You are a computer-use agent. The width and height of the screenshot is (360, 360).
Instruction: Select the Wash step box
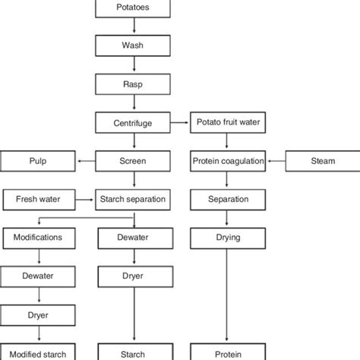point(134,45)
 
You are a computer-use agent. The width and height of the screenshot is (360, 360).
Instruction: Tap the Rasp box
point(134,83)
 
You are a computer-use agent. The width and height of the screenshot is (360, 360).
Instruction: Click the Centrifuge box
point(134,122)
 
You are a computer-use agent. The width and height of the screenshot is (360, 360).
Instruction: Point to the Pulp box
point(38,161)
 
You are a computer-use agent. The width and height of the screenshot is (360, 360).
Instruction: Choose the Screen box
point(134,161)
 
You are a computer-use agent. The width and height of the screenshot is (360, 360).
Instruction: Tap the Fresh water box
point(38,200)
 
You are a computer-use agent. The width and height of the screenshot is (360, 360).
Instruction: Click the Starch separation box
point(134,200)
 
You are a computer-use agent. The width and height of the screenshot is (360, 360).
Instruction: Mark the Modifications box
point(38,238)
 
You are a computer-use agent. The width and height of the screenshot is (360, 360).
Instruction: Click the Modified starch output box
point(38,352)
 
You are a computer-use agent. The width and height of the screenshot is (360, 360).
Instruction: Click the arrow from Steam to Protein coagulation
point(275,161)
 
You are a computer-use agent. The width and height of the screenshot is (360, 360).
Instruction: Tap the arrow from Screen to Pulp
point(85,161)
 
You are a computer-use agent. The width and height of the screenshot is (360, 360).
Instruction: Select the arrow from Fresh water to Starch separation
point(85,200)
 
